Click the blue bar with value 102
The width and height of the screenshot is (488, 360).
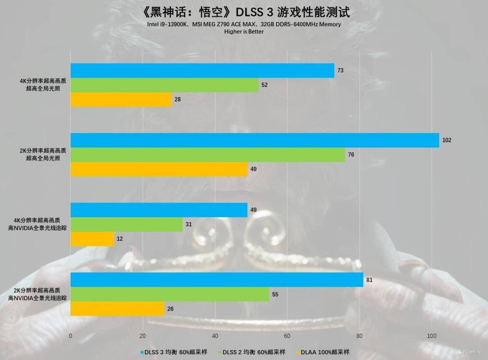[255, 140]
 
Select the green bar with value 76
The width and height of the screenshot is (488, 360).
[208, 155]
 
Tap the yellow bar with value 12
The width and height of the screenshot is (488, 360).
[92, 239]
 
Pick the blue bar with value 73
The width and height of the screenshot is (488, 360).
[202, 71]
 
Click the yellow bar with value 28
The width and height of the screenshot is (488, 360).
[121, 100]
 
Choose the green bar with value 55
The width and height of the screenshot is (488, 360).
[170, 294]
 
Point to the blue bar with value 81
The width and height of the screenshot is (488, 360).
[217, 280]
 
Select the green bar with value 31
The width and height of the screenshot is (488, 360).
[126, 224]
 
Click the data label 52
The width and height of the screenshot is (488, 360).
[265, 85]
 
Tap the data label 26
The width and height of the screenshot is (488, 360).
[171, 309]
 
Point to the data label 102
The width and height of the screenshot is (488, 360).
[447, 140]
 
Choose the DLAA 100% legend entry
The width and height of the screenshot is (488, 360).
[323, 352]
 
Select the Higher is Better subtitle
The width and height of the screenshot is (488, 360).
[244, 32]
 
